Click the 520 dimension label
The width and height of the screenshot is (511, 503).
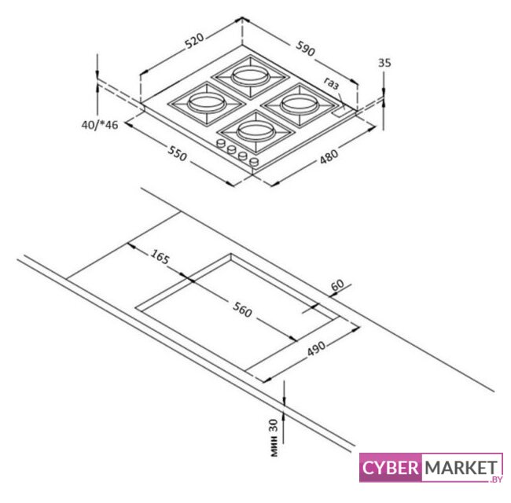click(x=194, y=40)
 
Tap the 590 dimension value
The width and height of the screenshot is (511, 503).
click(x=306, y=48)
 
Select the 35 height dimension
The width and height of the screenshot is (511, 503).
click(x=384, y=63)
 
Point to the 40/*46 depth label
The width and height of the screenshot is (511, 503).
click(x=99, y=125)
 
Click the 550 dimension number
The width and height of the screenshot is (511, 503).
click(x=178, y=153)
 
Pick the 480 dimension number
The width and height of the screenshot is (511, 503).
click(x=329, y=156)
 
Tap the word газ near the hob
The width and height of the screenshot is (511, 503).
click(x=332, y=83)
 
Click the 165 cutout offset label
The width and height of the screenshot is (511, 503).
click(x=160, y=257)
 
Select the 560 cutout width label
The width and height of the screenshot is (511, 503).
click(x=242, y=310)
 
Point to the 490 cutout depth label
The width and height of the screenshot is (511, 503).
click(x=316, y=349)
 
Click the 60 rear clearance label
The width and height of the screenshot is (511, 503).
click(x=337, y=285)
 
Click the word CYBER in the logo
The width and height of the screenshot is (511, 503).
click(x=390, y=468)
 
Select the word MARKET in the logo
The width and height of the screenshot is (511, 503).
click(x=461, y=468)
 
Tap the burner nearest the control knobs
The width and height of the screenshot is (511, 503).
click(x=256, y=130)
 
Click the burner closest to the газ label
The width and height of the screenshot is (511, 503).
click(x=300, y=105)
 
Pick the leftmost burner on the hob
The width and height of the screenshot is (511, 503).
click(x=206, y=103)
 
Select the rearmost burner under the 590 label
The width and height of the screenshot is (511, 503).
click(x=250, y=75)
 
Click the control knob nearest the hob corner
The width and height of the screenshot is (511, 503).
click(x=254, y=161)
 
